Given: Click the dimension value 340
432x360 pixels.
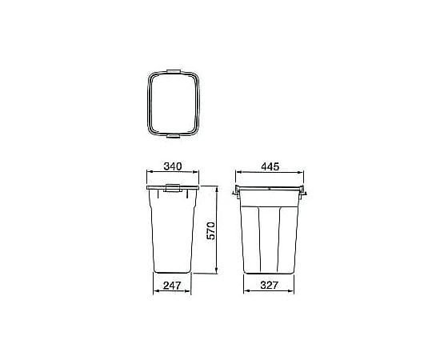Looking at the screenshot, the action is (x=173, y=166).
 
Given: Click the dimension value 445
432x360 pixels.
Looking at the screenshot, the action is (x=270, y=166).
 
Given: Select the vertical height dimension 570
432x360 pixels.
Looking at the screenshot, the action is (x=211, y=230).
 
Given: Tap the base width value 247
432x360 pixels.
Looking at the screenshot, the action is (x=172, y=286).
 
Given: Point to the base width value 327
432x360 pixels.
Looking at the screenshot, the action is (x=269, y=286).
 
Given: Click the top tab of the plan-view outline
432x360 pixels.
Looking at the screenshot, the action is (x=174, y=71).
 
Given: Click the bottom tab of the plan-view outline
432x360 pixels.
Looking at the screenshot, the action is (x=174, y=136).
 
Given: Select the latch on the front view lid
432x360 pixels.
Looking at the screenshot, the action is (x=173, y=188).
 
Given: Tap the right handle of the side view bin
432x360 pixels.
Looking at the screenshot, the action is (x=302, y=191).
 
